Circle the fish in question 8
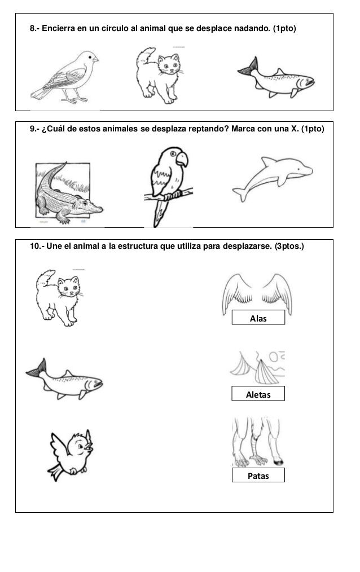coord(275,79)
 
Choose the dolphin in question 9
coord(272,178)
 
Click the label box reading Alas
coord(258,319)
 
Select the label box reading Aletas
coord(258,394)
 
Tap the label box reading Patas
coord(258,476)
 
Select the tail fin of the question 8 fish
coord(246,68)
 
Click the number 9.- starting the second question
coord(34,129)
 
